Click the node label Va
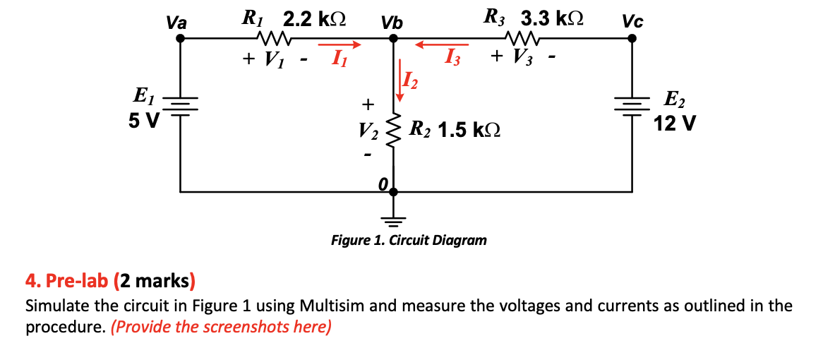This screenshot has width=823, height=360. (176, 23)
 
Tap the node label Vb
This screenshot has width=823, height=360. (392, 23)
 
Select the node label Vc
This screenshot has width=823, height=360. (632, 23)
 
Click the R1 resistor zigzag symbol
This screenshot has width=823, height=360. (273, 36)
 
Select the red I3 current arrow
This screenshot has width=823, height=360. (440, 46)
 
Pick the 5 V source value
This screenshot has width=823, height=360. (144, 121)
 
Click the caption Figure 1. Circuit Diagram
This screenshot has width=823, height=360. (409, 240)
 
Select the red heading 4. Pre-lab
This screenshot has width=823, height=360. (66, 282)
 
